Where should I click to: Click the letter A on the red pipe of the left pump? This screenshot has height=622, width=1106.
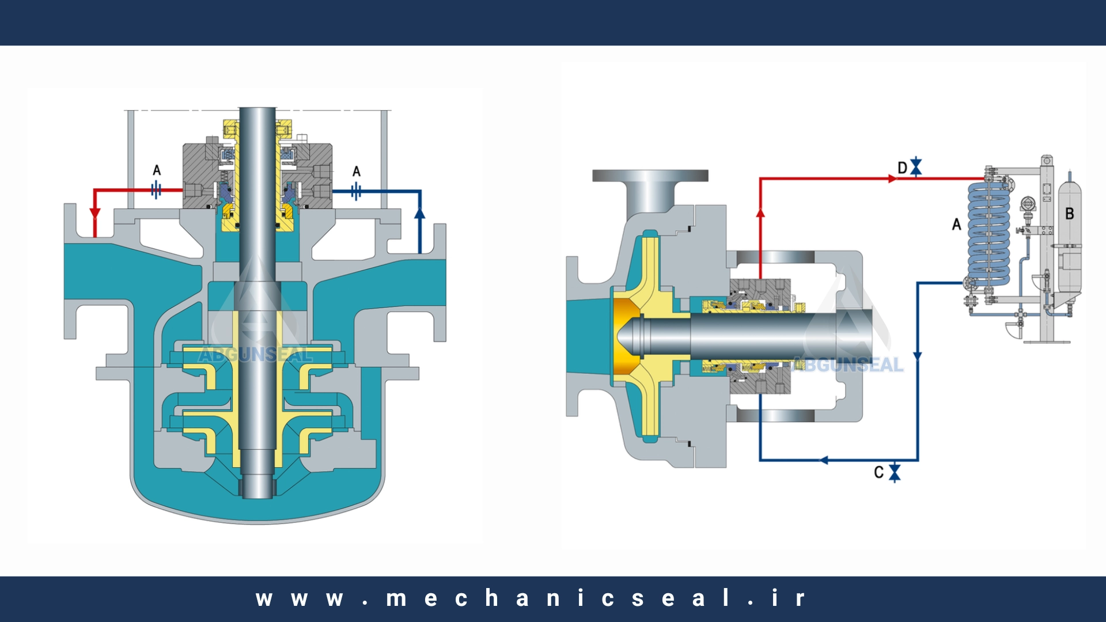tap(157, 170)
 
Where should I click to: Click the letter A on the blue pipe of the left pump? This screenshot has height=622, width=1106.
tap(357, 172)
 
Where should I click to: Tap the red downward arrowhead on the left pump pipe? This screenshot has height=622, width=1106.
tap(95, 214)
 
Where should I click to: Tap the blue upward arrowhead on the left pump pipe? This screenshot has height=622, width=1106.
tap(419, 214)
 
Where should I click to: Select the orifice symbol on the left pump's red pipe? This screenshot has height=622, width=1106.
tap(156, 189)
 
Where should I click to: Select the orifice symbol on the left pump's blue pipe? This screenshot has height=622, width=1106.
tap(356, 191)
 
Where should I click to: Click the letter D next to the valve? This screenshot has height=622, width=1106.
tap(903, 168)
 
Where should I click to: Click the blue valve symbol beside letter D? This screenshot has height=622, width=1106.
tap(916, 167)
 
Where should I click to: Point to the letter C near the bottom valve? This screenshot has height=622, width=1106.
tap(879, 473)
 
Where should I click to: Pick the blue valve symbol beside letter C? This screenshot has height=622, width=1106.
tap(895, 472)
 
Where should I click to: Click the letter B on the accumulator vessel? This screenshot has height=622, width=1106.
tap(1070, 214)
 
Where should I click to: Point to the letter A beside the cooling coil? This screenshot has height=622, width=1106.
tap(957, 225)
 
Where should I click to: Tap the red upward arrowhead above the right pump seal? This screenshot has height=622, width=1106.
tap(760, 213)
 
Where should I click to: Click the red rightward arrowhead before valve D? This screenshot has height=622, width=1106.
tap(892, 179)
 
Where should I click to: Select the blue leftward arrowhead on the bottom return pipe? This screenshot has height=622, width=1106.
tap(824, 460)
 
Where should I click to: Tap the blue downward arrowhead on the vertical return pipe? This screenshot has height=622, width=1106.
tap(918, 356)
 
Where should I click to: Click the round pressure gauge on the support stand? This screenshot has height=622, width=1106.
tap(1028, 204)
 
